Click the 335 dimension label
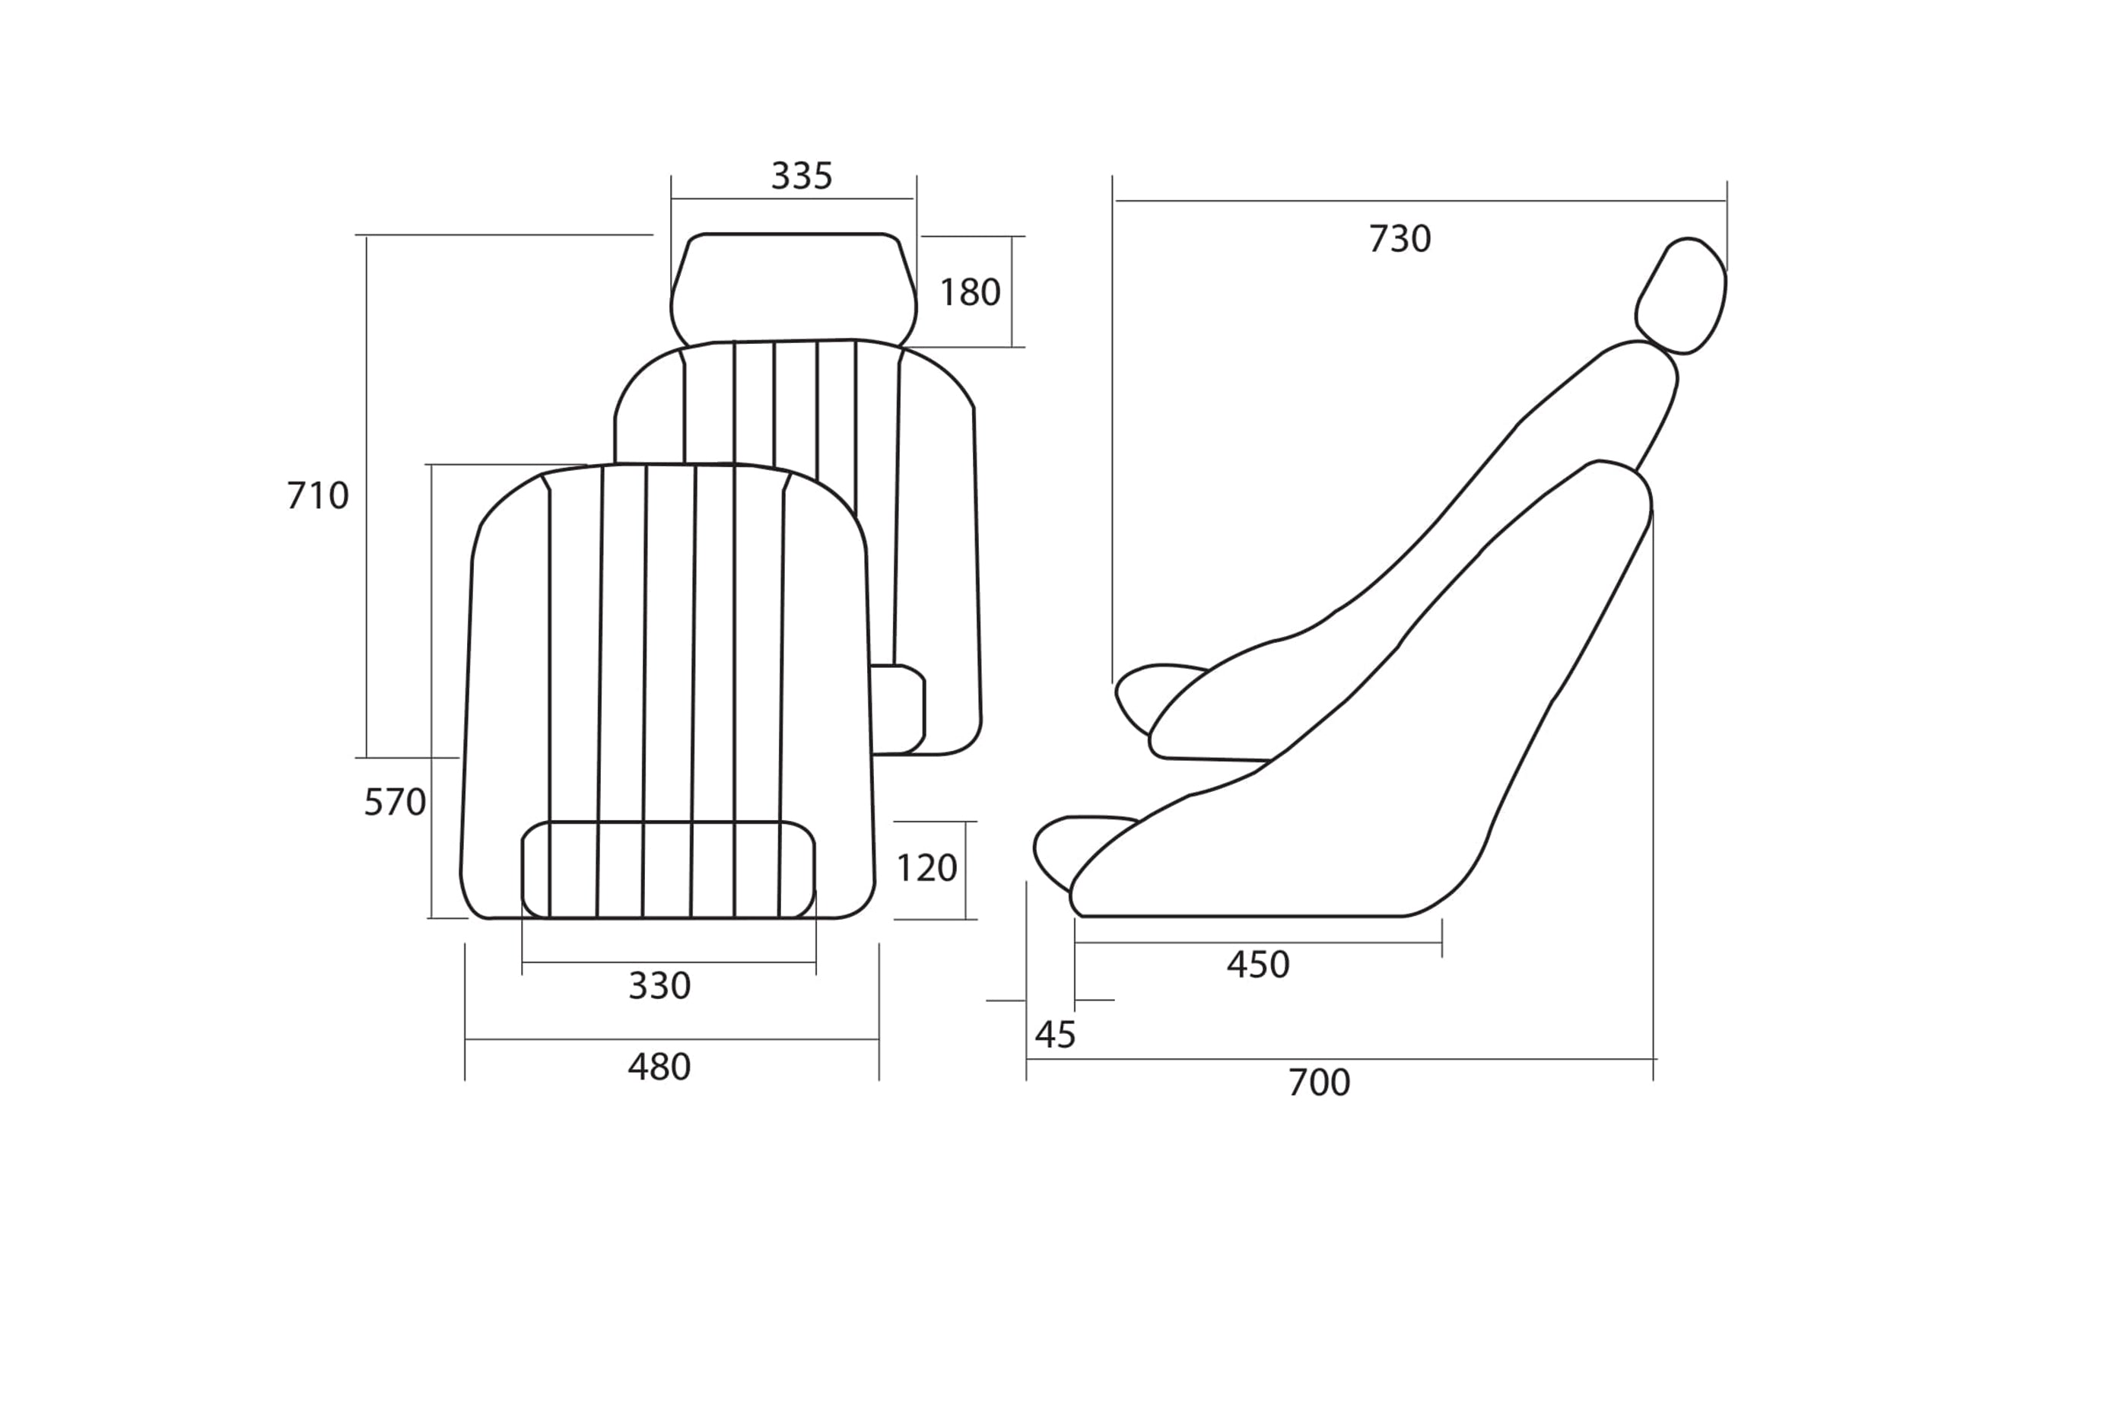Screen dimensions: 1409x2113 coord(802,177)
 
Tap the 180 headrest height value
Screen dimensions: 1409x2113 coord(969,292)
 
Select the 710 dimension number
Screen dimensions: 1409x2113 coord(317,496)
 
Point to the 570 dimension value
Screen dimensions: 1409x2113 coord(395,803)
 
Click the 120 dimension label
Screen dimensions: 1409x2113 coord(926,868)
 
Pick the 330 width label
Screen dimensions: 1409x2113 coord(659,987)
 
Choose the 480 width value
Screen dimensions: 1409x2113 coord(659,1067)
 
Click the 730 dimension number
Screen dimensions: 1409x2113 coord(1400,239)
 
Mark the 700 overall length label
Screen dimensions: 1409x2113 coord(1319,1083)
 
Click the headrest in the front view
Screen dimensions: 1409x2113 coord(793,288)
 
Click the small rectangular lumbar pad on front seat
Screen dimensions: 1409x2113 coord(669,869)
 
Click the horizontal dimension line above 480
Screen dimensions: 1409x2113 coord(671,1040)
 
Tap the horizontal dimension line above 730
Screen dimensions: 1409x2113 coord(1419,200)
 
